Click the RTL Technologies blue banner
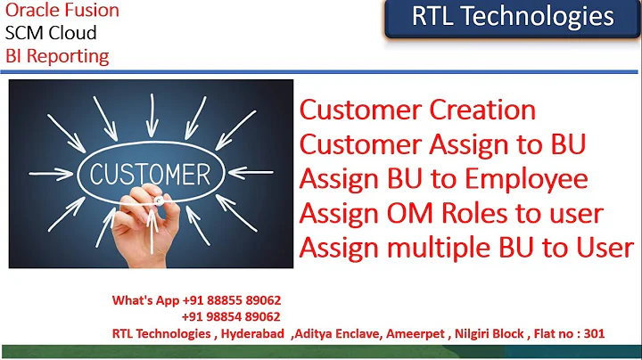click(x=512, y=18)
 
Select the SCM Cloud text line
click(x=51, y=34)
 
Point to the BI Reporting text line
click(x=57, y=56)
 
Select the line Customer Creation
click(x=417, y=110)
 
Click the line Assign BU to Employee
click(x=443, y=179)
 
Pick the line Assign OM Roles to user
click(x=451, y=214)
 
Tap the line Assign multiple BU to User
click(x=466, y=248)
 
